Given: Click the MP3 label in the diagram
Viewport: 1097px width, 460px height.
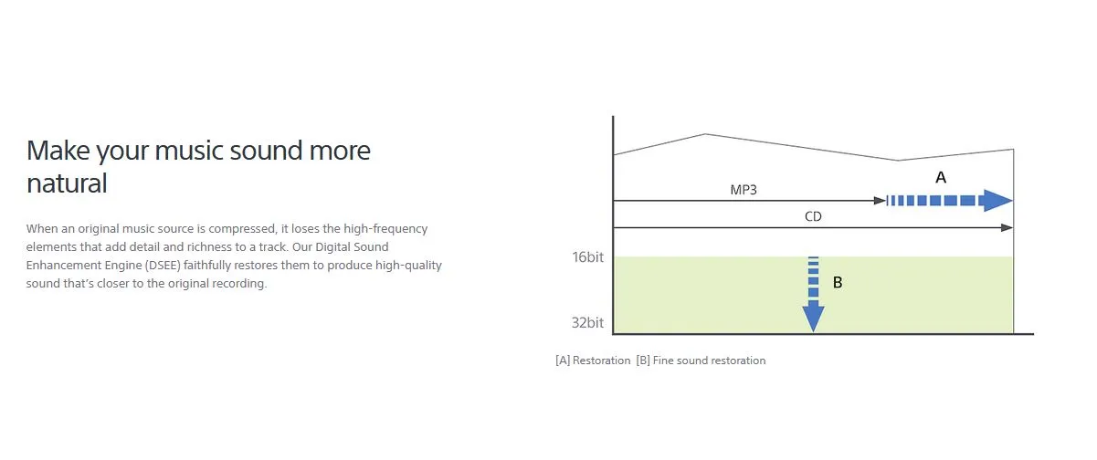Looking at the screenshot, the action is (x=744, y=190).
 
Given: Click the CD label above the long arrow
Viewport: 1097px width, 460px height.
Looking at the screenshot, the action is (x=813, y=217).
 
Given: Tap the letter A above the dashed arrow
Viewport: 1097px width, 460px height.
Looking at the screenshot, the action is (x=941, y=177).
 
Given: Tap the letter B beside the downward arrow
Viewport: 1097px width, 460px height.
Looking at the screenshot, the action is (x=838, y=282).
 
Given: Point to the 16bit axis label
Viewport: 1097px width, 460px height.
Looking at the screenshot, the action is (x=587, y=257).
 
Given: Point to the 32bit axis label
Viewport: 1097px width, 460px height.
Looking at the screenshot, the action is (x=587, y=323).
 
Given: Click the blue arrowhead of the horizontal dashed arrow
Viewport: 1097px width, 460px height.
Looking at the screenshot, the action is (x=996, y=201).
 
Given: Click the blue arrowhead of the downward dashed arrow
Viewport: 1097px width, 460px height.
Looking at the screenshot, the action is (x=813, y=317).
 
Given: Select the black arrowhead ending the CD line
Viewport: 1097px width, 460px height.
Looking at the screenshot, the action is (x=1007, y=227).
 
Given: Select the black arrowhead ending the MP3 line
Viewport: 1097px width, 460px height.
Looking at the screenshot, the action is (x=880, y=201).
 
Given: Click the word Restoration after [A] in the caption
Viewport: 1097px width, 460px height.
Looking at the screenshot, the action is (x=601, y=361).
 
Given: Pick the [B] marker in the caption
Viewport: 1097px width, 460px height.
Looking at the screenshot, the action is (x=643, y=361).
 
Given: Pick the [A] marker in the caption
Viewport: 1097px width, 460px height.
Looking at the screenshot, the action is (x=563, y=361).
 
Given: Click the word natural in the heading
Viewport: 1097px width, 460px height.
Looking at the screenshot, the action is (x=67, y=184).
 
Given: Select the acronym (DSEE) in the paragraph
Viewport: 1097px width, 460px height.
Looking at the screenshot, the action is (x=163, y=266).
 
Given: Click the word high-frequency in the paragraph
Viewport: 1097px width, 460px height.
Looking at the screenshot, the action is (x=385, y=229).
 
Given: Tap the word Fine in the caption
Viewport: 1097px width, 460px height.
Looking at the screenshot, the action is (x=663, y=361).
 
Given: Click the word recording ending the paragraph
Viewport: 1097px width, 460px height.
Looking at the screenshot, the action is (x=239, y=284).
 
